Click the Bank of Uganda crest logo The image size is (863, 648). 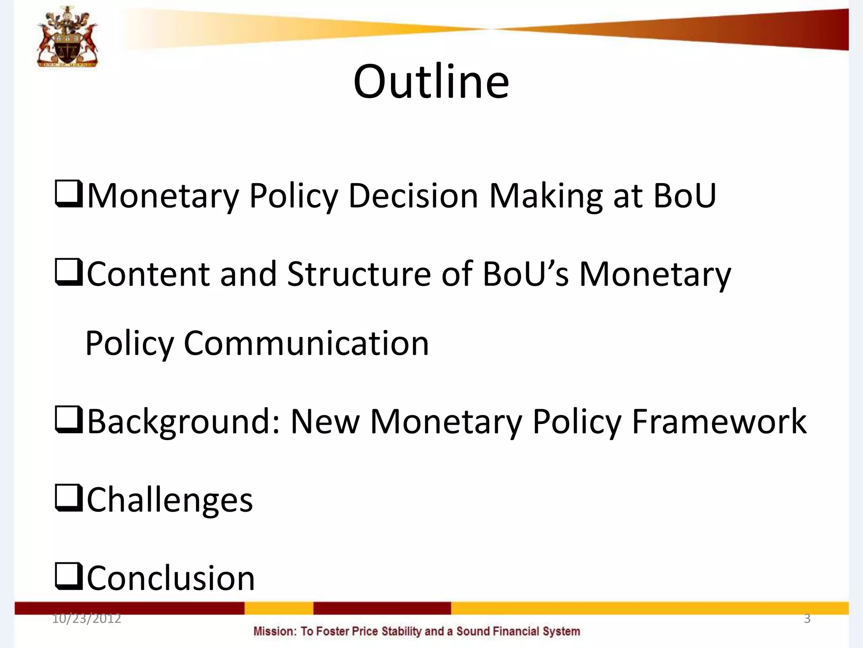[67, 37]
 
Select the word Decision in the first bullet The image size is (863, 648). [413, 196]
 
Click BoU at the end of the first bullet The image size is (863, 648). [684, 196]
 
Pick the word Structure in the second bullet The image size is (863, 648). [359, 274]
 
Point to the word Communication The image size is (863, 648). [306, 343]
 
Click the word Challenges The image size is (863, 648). [170, 500]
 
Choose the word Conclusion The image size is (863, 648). [171, 578]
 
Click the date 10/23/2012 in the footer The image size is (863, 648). [86, 619]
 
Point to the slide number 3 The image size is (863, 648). [807, 619]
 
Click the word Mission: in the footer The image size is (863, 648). [275, 632]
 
